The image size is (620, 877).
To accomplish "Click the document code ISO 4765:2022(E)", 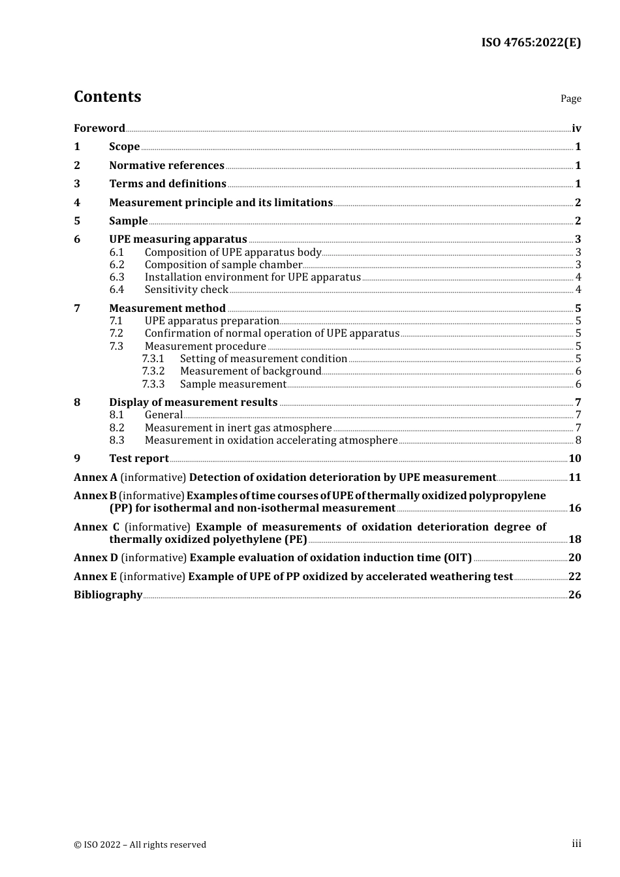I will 531,42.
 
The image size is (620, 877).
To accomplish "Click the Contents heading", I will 107,97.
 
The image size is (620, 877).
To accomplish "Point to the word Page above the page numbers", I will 570,99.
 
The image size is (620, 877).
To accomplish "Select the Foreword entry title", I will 99,128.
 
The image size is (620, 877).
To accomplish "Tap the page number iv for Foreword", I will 576,128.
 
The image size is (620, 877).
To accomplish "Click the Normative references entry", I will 166,165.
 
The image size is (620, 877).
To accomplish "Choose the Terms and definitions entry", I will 167,183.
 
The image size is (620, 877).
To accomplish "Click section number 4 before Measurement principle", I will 77,202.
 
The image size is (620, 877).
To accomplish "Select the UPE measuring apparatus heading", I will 178,239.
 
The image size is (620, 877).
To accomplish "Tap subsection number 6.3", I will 117,277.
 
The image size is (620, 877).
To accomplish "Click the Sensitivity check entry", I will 186,289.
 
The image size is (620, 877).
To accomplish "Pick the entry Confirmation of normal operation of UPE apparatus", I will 271,333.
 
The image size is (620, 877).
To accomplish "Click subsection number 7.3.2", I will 153,371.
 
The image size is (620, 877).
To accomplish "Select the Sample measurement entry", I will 233,384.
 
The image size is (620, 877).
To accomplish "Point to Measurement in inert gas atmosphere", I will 238,427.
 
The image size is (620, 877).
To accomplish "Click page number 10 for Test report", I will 574,458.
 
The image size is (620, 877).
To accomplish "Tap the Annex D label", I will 96,557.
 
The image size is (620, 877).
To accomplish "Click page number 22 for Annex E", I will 574,576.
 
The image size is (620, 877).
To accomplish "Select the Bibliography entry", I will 108,594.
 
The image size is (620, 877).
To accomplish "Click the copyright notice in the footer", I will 140,844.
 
